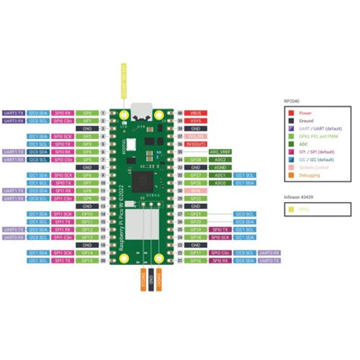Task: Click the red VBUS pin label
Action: [x=194, y=112]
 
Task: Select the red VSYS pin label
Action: [x=194, y=120]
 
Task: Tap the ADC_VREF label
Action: [x=220, y=151]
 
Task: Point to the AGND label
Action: [x=219, y=167]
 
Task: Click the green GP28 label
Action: [x=195, y=159]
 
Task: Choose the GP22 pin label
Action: [x=195, y=198]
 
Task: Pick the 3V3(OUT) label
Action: [x=195, y=144]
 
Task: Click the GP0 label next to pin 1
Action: [x=87, y=112]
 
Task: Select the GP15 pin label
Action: [x=87, y=261]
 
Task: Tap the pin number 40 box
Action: [x=180, y=112]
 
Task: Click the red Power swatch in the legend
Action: [x=288, y=112]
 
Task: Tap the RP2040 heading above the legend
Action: [x=292, y=100]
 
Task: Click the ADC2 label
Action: [x=219, y=159]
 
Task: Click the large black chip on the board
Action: [x=142, y=181]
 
